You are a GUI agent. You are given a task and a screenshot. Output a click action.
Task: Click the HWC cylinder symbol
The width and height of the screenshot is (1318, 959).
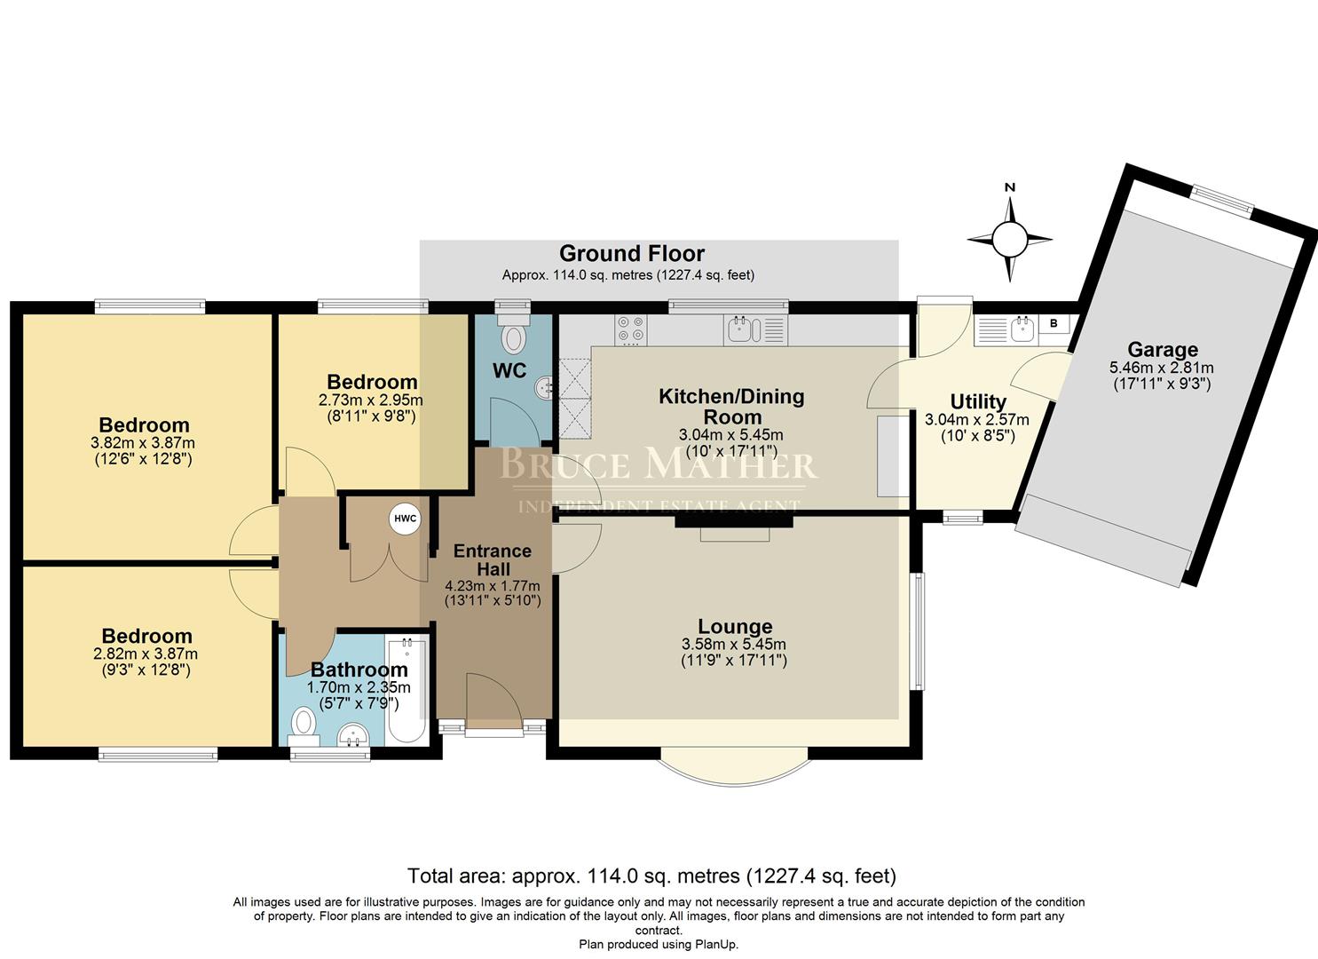tap(405, 519)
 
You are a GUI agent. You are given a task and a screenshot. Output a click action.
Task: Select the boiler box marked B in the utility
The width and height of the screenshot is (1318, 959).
tap(1054, 324)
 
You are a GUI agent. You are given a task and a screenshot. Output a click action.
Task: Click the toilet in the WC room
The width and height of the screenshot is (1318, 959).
tap(514, 337)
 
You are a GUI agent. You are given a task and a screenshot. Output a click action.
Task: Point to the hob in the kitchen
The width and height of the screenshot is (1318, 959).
tap(631, 329)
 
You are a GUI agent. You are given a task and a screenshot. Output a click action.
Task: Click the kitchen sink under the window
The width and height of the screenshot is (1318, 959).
tap(744, 330)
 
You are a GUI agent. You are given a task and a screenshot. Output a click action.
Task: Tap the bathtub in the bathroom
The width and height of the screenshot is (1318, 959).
tap(407, 690)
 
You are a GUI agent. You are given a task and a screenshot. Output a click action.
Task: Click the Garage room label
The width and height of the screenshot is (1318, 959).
tap(1162, 350)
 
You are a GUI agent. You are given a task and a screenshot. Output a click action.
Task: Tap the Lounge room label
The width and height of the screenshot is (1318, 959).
tap(734, 627)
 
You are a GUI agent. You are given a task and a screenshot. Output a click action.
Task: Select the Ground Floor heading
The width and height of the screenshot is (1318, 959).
tap(631, 254)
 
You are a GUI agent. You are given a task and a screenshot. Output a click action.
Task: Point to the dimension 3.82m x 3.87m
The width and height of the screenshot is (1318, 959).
tap(144, 443)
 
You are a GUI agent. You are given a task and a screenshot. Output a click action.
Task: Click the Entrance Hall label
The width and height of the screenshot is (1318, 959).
tap(492, 559)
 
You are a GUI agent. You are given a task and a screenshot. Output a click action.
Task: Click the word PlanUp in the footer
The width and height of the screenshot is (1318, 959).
tap(714, 945)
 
